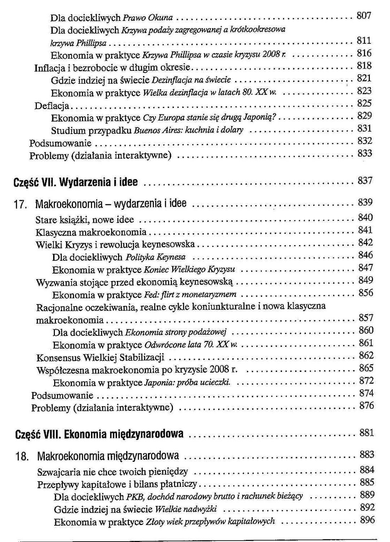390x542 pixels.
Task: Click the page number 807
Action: (x=364, y=16)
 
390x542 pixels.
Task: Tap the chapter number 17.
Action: (x=20, y=205)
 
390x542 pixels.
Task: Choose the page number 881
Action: (x=367, y=432)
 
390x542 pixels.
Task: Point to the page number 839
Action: (x=365, y=203)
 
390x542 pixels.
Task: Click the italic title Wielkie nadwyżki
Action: (x=186, y=510)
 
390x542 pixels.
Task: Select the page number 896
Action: (x=367, y=520)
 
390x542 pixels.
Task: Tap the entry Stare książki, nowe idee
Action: (x=85, y=220)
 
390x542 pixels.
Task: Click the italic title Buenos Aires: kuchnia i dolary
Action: (x=189, y=130)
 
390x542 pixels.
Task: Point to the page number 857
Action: (x=366, y=318)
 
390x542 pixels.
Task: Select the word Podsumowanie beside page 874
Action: (x=62, y=395)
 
